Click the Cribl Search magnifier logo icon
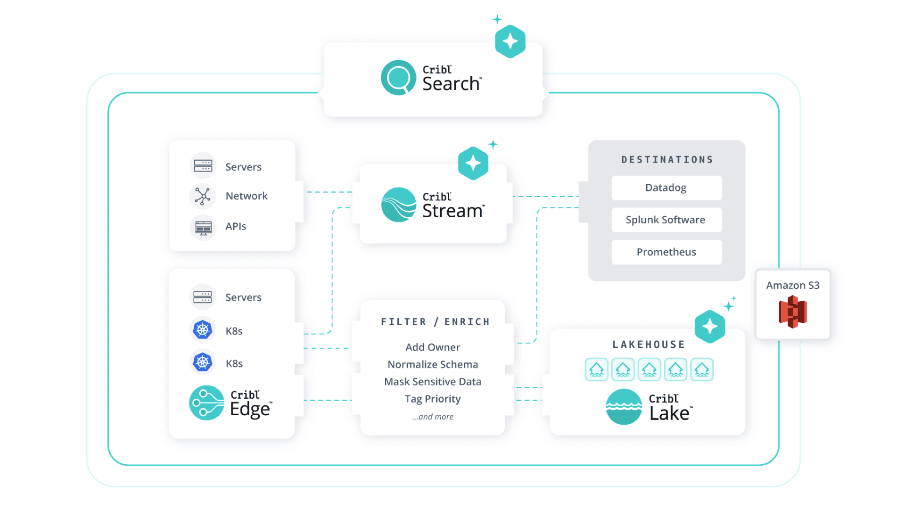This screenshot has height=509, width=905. (398, 78)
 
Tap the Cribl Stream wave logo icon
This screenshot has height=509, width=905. (398, 205)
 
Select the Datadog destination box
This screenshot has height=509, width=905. (666, 188)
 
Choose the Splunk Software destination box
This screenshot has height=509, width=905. (666, 220)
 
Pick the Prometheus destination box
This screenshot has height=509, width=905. (666, 252)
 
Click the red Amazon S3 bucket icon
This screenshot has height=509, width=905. (793, 312)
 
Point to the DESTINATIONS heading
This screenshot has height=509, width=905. (666, 160)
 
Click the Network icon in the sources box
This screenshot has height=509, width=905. (203, 196)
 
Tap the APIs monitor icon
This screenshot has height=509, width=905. (203, 227)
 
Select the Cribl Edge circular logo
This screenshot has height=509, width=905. (206, 403)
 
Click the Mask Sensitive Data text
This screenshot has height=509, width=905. (433, 382)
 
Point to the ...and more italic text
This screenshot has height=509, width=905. (433, 417)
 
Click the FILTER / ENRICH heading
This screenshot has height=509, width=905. (435, 322)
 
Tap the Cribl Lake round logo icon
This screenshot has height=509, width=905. (624, 407)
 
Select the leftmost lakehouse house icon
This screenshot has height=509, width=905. (596, 369)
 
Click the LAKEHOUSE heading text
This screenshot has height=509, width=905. (649, 345)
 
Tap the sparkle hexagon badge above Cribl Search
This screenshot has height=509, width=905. (510, 41)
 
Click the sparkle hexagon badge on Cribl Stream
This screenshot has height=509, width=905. (473, 163)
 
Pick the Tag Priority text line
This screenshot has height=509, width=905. (433, 399)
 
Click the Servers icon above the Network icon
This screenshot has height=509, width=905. (203, 166)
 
